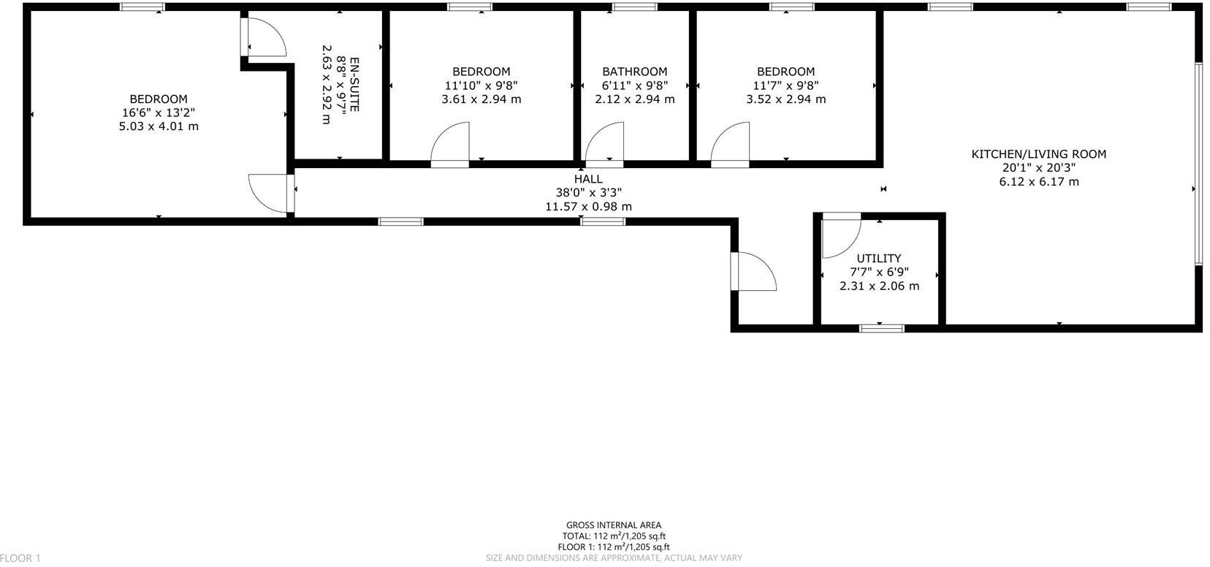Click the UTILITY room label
[879, 258]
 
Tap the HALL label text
[588, 179]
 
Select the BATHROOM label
[634, 72]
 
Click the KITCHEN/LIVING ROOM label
[1038, 154]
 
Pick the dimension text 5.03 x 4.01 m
[159, 126]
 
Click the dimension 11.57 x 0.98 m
[588, 207]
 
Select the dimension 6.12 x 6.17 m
[1038, 182]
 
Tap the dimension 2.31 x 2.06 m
[879, 286]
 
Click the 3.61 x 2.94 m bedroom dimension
[481, 99]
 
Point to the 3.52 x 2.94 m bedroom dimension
[785, 99]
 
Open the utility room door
[840, 237]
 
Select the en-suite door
[265, 37]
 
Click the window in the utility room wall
[881, 329]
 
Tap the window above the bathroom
[634, 7]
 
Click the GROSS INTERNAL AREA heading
[614, 525]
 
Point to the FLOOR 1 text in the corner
[20, 558]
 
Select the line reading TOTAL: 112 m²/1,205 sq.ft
[614, 536]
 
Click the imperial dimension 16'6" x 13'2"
[159, 113]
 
